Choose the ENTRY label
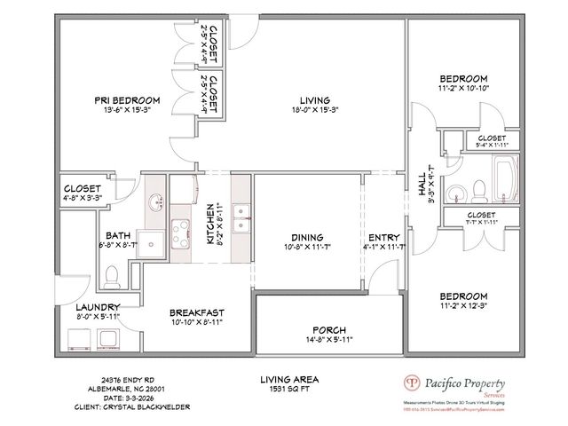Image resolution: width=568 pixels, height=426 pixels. [384, 237]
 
